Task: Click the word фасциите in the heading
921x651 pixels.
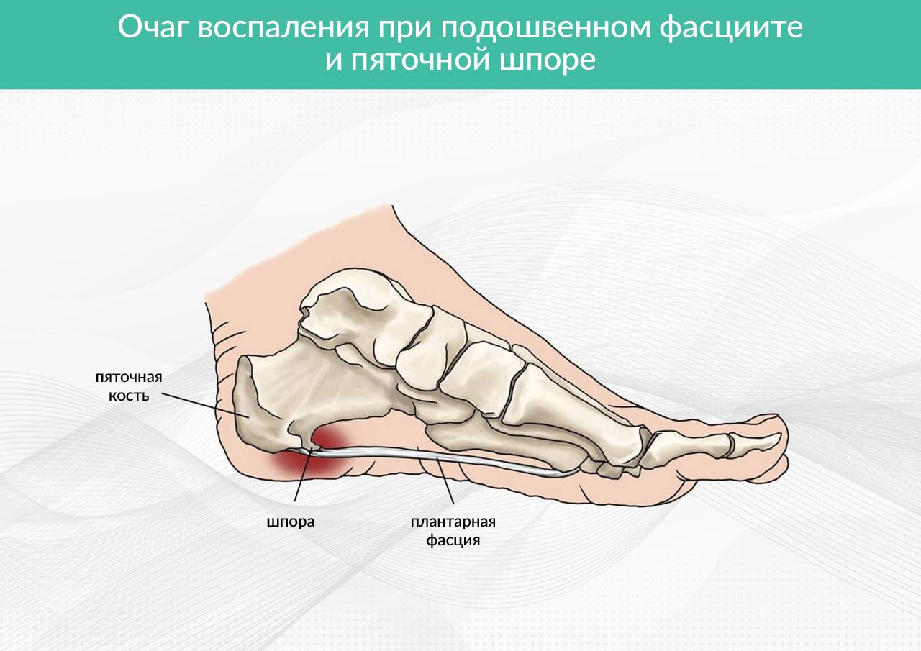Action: (732, 28)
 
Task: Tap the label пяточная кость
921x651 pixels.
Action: (129, 386)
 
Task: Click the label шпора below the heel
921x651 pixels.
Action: (291, 522)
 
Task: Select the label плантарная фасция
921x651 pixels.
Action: (453, 530)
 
